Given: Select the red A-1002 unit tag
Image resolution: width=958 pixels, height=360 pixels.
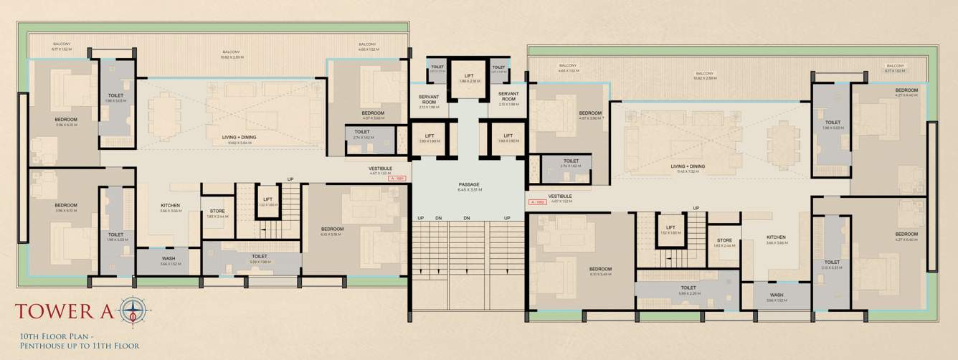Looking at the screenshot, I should (536, 202).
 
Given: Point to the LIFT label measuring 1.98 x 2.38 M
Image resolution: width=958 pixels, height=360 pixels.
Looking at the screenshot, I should (469, 76).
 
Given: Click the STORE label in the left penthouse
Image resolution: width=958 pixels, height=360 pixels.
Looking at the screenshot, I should (217, 211).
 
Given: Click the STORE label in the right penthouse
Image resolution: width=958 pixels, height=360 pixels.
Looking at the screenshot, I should (724, 240).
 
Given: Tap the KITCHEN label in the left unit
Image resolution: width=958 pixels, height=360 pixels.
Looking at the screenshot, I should (170, 206).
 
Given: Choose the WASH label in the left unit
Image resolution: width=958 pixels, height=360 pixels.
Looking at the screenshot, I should (169, 258).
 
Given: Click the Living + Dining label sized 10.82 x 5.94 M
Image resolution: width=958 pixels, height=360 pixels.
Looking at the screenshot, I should (239, 137).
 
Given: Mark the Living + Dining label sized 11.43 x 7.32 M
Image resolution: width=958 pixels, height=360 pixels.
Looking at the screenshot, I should (688, 166).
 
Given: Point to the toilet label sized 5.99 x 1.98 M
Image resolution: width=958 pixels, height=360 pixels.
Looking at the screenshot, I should (260, 256).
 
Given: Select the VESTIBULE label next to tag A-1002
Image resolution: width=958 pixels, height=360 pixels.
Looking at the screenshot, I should (560, 196).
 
